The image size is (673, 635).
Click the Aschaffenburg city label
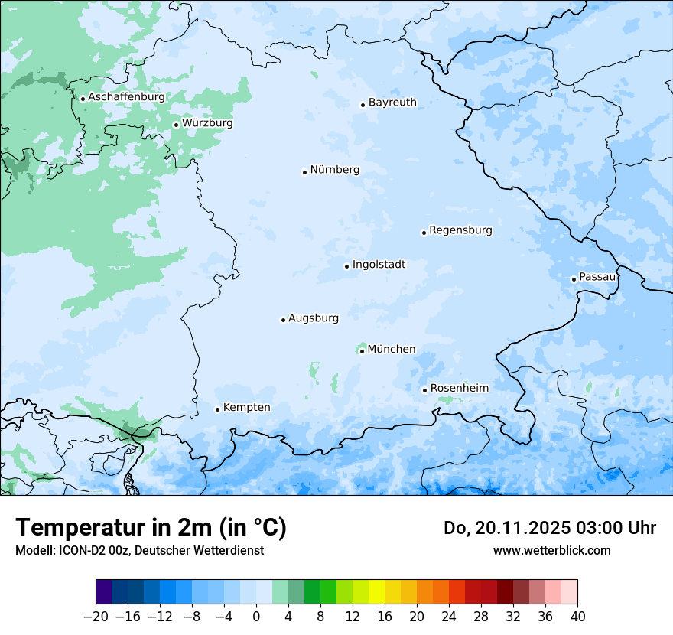[x=126, y=97]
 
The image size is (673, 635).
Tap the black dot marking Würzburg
[x=176, y=125]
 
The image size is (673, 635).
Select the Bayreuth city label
[x=392, y=103]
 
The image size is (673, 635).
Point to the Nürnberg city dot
[x=304, y=172]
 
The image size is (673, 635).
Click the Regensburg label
[x=460, y=230]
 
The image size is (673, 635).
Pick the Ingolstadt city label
[x=379, y=265]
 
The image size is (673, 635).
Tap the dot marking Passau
[x=574, y=279]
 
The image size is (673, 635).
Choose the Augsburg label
[x=314, y=318]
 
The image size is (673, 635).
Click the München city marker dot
[x=362, y=351]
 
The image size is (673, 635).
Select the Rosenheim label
[x=459, y=389]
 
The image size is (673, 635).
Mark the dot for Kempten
[x=217, y=409]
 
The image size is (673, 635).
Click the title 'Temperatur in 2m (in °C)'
[x=151, y=527]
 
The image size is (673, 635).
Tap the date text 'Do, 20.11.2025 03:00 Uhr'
[x=550, y=528]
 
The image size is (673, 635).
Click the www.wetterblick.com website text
[x=551, y=550]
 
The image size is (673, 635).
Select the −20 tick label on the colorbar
[x=96, y=617]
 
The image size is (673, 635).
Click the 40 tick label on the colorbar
[x=577, y=617]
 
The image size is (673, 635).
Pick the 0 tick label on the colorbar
[x=256, y=617]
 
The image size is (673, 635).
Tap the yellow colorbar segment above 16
[x=376, y=592]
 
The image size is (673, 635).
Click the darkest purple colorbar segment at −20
[x=104, y=592]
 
